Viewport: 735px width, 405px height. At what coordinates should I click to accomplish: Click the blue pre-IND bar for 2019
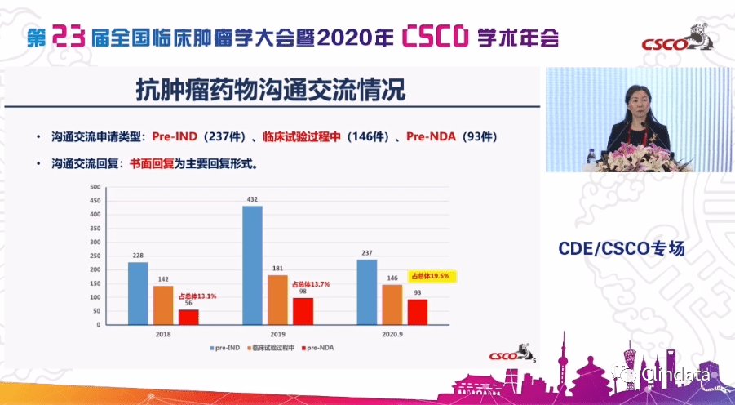click(252, 265)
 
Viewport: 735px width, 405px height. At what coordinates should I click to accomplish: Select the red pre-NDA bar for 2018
click(188, 317)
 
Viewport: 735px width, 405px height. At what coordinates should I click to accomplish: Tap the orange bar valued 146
click(392, 304)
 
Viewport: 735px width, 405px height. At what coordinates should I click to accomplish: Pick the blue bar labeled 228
click(138, 292)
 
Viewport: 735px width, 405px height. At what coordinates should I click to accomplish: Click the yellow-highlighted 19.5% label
click(432, 276)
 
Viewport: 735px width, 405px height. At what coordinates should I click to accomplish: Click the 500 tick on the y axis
click(95, 187)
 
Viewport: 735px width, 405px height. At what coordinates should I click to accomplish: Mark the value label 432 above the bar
click(252, 199)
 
